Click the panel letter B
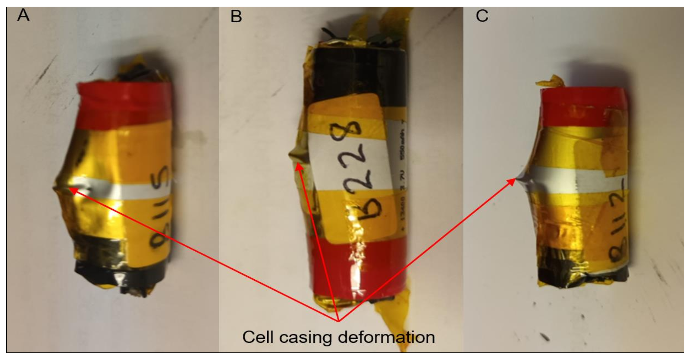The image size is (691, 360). point(236,16)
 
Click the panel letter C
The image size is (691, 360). point(482,15)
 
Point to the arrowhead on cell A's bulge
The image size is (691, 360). point(72,190)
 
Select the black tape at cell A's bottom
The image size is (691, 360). point(121,272)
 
